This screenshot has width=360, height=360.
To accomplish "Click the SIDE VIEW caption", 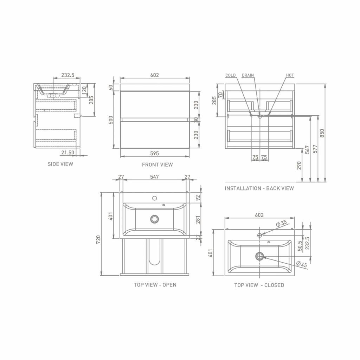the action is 60,164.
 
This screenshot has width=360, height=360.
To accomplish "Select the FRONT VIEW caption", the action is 157,165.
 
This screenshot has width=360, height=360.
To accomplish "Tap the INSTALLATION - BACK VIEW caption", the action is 259,188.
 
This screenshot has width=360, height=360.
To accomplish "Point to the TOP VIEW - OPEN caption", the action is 155,285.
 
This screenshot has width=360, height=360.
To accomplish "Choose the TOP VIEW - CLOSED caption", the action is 259,285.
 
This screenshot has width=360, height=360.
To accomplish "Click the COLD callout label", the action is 230,75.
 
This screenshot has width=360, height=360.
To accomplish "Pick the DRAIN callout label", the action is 248,75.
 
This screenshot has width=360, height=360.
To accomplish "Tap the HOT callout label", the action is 290,75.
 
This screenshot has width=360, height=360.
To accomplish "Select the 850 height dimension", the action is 322,133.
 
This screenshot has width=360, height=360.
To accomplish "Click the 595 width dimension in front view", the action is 155,153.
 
